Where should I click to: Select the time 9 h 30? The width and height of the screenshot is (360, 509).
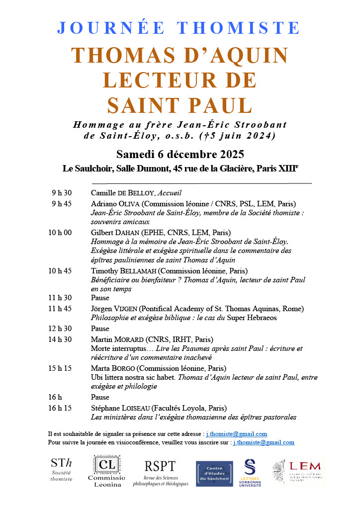(62, 193)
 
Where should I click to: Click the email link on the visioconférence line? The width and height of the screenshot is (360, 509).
(264, 442)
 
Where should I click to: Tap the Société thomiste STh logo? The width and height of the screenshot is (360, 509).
(61, 469)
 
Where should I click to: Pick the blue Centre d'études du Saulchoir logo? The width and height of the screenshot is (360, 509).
(215, 474)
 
